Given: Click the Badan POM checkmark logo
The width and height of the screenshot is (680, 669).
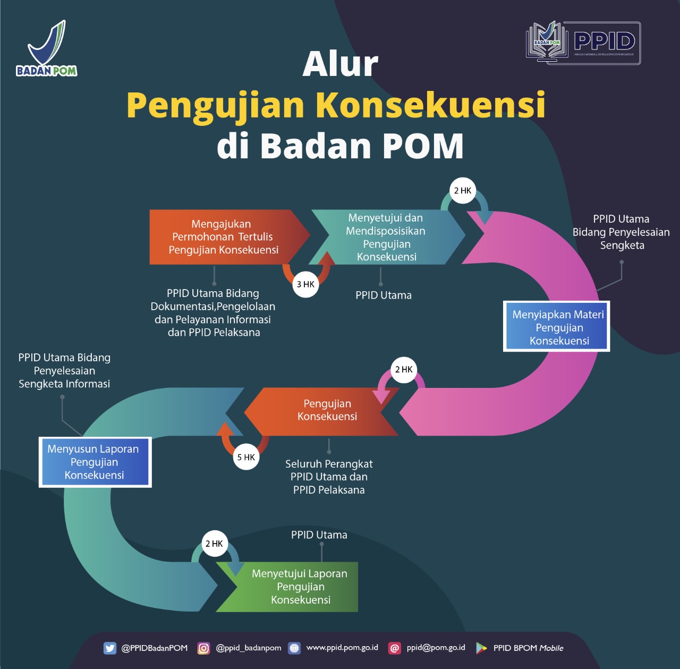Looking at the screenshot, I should pyautogui.click(x=47, y=48).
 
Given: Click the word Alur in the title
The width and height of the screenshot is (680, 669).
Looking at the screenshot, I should pyautogui.click(x=340, y=64).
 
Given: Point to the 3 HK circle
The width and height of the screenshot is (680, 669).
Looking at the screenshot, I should pyautogui.click(x=305, y=284).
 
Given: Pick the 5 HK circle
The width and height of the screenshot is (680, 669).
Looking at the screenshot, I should pyautogui.click(x=246, y=457).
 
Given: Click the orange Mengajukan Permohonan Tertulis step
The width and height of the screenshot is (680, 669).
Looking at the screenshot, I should pyautogui.click(x=223, y=237).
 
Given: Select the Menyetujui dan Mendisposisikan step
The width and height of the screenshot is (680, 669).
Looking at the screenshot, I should pyautogui.click(x=386, y=238).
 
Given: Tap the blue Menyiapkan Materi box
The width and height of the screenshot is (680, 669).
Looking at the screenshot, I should pyautogui.click(x=557, y=327).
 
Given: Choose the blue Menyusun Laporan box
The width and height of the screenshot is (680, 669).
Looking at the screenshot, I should pyautogui.click(x=95, y=462).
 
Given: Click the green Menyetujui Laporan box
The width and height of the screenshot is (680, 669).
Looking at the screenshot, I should pyautogui.click(x=300, y=587).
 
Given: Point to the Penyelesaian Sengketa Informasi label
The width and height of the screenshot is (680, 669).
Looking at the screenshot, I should pyautogui.click(x=64, y=370).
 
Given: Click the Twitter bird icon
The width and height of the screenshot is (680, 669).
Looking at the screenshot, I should pyautogui.click(x=110, y=648).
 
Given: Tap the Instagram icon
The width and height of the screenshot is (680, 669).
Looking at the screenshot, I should pyautogui.click(x=203, y=648).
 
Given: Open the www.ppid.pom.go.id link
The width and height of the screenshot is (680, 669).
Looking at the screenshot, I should pyautogui.click(x=342, y=648).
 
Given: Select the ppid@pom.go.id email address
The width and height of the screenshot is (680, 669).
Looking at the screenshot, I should pyautogui.click(x=436, y=648).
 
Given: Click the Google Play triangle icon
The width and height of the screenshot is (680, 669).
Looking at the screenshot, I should pyautogui.click(x=481, y=648).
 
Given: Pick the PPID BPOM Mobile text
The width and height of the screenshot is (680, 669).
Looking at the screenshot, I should pyautogui.click(x=528, y=648).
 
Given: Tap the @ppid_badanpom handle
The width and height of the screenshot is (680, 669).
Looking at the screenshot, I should pyautogui.click(x=249, y=648).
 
